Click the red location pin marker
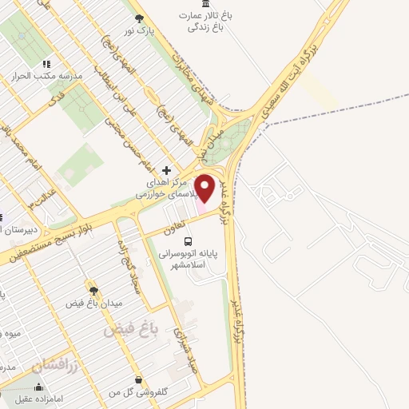click(205, 189)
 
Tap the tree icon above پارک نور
click(140, 18)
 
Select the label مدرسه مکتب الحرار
click(47, 77)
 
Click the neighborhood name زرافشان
click(57, 364)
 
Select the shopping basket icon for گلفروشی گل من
click(140, 379)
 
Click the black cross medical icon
click(166, 170)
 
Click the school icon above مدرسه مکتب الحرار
click(47, 64)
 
